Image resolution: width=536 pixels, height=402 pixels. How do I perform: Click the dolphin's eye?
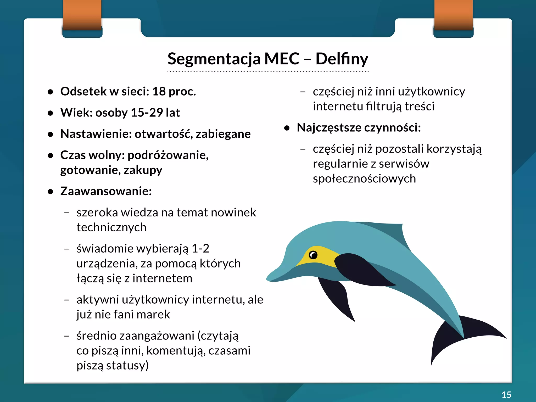[313, 255]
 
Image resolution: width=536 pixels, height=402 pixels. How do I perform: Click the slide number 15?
[506, 395]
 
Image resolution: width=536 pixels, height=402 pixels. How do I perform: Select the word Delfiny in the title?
[342, 59]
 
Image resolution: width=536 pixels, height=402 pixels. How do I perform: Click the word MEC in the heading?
[282, 59]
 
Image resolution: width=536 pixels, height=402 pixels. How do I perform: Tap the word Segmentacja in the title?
[214, 59]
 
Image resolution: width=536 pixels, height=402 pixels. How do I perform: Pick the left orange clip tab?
[82, 14]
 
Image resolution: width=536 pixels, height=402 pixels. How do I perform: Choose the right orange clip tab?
[453, 14]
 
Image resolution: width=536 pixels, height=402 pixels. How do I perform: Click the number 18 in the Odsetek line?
[159, 91]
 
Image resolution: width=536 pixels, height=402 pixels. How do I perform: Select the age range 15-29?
[147, 113]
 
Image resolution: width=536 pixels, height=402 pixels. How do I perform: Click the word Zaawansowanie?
[106, 191]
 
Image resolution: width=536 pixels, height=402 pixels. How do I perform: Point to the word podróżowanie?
[168, 155]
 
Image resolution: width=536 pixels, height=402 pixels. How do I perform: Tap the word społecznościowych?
[364, 179]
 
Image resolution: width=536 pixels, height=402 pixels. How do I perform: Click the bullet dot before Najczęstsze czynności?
[287, 128]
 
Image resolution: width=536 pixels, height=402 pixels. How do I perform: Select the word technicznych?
[111, 227]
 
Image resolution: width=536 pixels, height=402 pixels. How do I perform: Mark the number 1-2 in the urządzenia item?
[200, 248]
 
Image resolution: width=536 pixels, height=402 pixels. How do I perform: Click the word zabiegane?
[223, 134]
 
